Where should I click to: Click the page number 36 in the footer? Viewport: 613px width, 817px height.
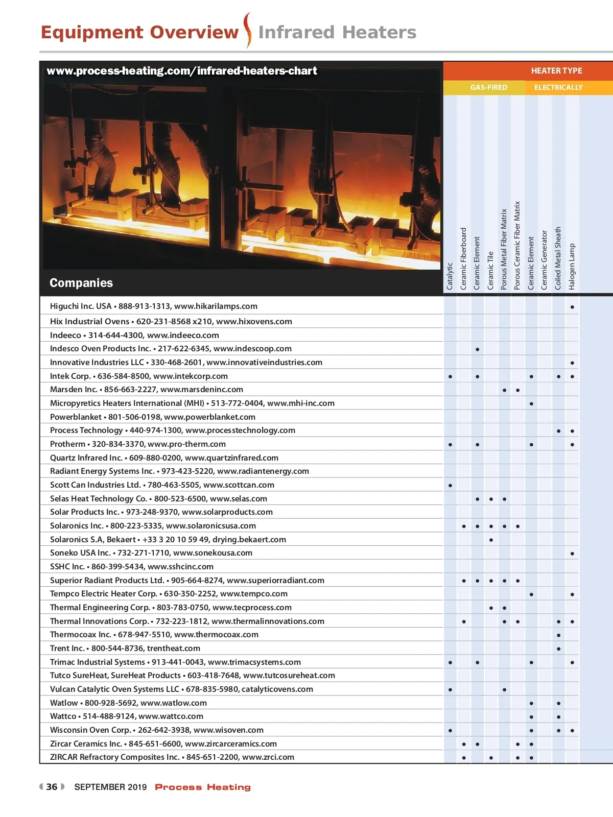[52, 787]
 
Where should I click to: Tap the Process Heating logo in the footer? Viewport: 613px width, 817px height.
[203, 787]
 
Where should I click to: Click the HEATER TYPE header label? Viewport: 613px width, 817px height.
[556, 71]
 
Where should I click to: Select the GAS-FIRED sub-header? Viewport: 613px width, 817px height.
[489, 87]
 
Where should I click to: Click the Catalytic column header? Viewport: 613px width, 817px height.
[450, 276]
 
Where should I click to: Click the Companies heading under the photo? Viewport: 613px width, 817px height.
[81, 283]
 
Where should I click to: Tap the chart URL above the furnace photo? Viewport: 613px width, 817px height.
[182, 71]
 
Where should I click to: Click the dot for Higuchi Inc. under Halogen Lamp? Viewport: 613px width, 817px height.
[572, 307]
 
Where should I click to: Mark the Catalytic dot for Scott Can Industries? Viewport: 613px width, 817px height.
[450, 486]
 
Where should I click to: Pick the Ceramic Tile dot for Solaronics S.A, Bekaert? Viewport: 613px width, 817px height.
[491, 540]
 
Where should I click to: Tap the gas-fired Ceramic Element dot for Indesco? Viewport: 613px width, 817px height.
[477, 350]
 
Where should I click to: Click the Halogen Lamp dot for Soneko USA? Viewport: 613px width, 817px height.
[572, 554]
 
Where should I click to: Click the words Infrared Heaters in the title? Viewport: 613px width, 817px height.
[337, 32]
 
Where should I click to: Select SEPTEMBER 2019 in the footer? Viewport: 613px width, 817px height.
[110, 787]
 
